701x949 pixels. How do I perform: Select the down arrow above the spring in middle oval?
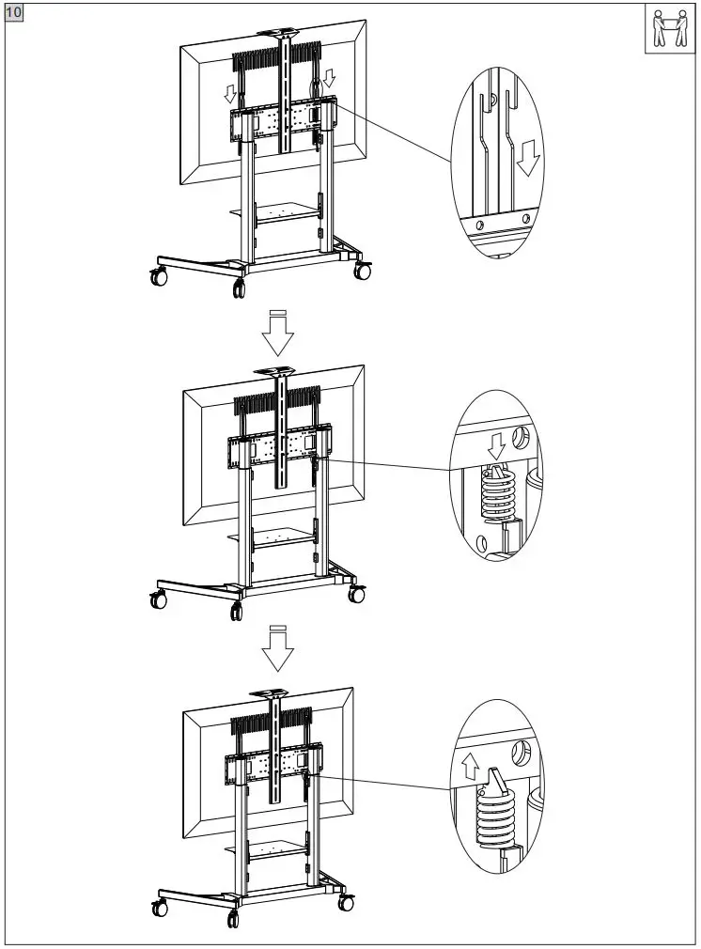point(499,443)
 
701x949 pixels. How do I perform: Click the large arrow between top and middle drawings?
point(276,330)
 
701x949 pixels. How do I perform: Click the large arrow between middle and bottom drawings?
point(276,648)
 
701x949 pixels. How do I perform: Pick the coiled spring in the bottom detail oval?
point(497,815)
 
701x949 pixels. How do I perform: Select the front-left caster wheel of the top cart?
point(158,277)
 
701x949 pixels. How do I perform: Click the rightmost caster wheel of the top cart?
point(362,271)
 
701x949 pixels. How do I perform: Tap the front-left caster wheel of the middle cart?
point(158,599)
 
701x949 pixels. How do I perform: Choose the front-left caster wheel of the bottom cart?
point(160,909)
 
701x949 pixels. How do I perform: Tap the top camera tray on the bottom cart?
point(276,692)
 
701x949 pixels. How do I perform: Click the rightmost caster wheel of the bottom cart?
point(347,903)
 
